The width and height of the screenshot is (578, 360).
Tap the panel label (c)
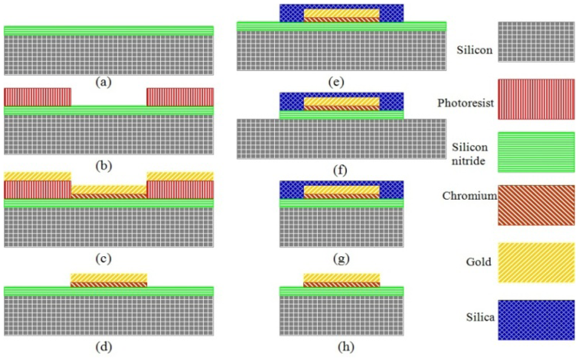point(103,260)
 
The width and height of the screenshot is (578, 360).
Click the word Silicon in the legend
point(474,51)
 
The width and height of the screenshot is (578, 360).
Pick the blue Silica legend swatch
point(536,319)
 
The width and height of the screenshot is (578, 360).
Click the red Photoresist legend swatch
point(536,99)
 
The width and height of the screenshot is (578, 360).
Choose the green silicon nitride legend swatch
point(536,152)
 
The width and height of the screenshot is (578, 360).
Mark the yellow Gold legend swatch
point(536,262)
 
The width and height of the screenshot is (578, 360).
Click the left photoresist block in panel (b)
point(37,96)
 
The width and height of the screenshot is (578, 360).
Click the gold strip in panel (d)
point(109,277)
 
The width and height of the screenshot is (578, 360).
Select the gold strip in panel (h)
point(341,277)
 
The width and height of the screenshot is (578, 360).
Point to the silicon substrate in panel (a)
point(108,55)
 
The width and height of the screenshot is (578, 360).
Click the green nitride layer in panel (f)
point(341,115)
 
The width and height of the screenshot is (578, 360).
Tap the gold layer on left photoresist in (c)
point(37,176)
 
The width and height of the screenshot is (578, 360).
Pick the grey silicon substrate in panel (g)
point(341,227)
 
